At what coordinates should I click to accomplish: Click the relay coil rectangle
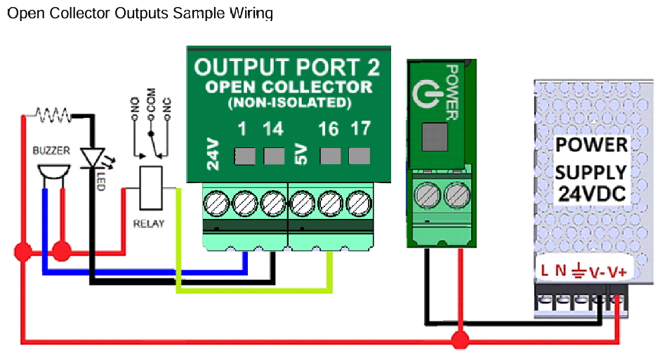coord(151,187)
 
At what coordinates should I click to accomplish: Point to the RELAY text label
coord(148,224)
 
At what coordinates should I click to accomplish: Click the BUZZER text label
coord(51,151)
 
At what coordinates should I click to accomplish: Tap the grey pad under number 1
coord(244,155)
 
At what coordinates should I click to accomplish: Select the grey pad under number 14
coord(273,155)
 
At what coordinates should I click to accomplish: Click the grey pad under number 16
coord(329,155)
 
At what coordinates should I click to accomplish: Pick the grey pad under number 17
coord(359,155)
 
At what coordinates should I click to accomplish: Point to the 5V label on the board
coord(300,154)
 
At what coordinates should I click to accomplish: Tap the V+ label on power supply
coord(616,271)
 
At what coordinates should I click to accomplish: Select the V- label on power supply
coord(596,271)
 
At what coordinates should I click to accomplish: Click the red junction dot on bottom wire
coord(459,341)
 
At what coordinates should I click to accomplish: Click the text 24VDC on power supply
coord(592,193)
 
